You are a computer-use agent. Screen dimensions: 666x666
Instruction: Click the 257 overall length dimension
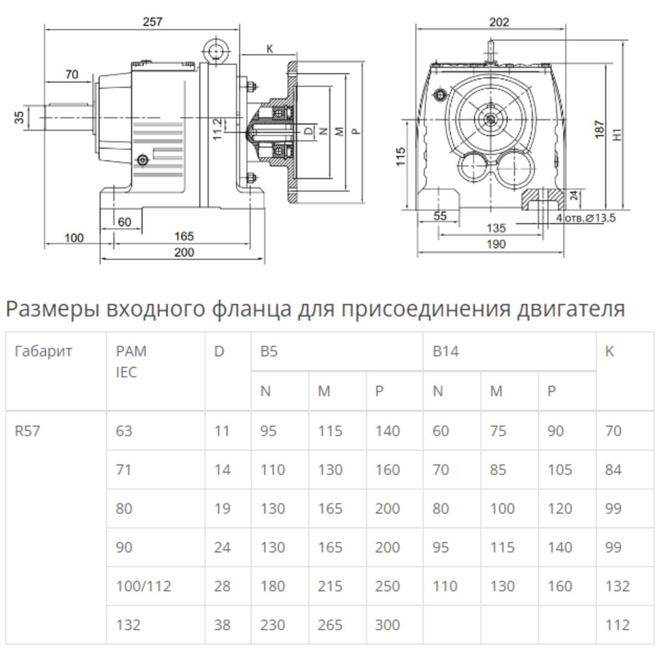pos(153,22)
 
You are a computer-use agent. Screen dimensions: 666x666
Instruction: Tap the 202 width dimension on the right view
pos(499,22)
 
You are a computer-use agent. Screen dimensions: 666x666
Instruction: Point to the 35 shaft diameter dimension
pos(20,117)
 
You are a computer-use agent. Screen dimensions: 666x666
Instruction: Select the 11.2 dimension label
pos(218,128)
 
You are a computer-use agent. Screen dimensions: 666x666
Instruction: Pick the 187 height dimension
pos(599,129)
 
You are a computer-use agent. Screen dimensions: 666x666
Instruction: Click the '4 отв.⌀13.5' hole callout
pos(586,218)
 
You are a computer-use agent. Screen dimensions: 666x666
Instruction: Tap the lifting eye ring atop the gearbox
pos(215,52)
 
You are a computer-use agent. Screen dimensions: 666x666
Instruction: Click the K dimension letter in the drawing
pos(270,49)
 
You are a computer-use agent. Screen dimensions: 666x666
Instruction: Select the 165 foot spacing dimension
pos(184,236)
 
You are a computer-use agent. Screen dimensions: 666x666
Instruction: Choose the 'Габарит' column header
pos(43,351)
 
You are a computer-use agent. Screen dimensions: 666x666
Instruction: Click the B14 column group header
pos(446,351)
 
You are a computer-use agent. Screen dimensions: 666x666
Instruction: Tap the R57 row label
pos(28,431)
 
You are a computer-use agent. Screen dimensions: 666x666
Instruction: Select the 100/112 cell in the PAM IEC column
pos(144,586)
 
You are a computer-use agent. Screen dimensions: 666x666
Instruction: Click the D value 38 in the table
pos(222,625)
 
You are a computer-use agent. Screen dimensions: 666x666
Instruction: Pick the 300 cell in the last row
pos(387,625)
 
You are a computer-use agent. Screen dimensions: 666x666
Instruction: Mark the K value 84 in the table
pos(613,470)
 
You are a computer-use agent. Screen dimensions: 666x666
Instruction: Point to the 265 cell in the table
pos(330,625)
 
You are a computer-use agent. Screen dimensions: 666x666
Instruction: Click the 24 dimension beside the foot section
pos(574,195)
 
